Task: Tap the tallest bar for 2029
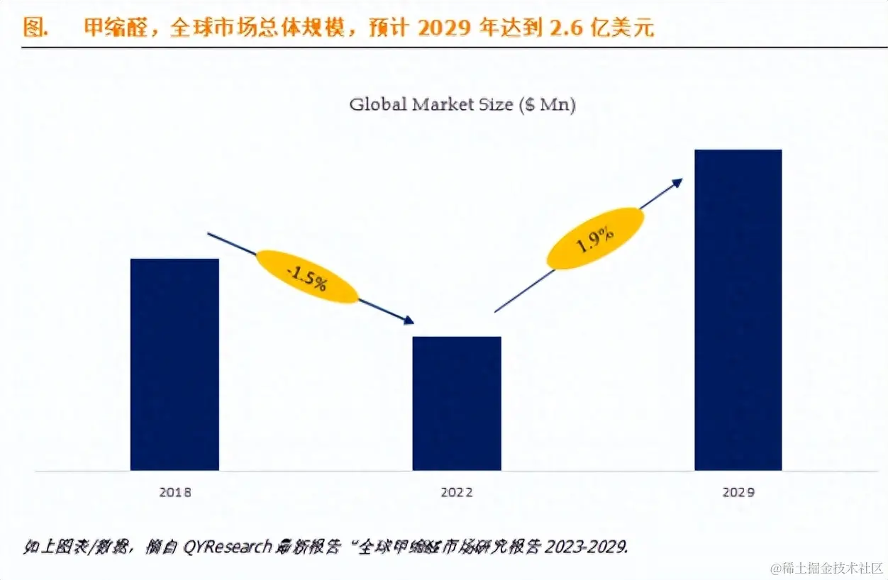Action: coord(738,310)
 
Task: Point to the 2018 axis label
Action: coord(174,492)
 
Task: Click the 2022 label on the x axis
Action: coord(456,492)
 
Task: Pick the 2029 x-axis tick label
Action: coord(738,492)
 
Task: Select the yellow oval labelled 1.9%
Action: coord(595,238)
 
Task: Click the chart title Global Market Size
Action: coord(431,104)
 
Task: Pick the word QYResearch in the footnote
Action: coord(228,546)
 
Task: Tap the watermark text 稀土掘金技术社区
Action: coord(824,568)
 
